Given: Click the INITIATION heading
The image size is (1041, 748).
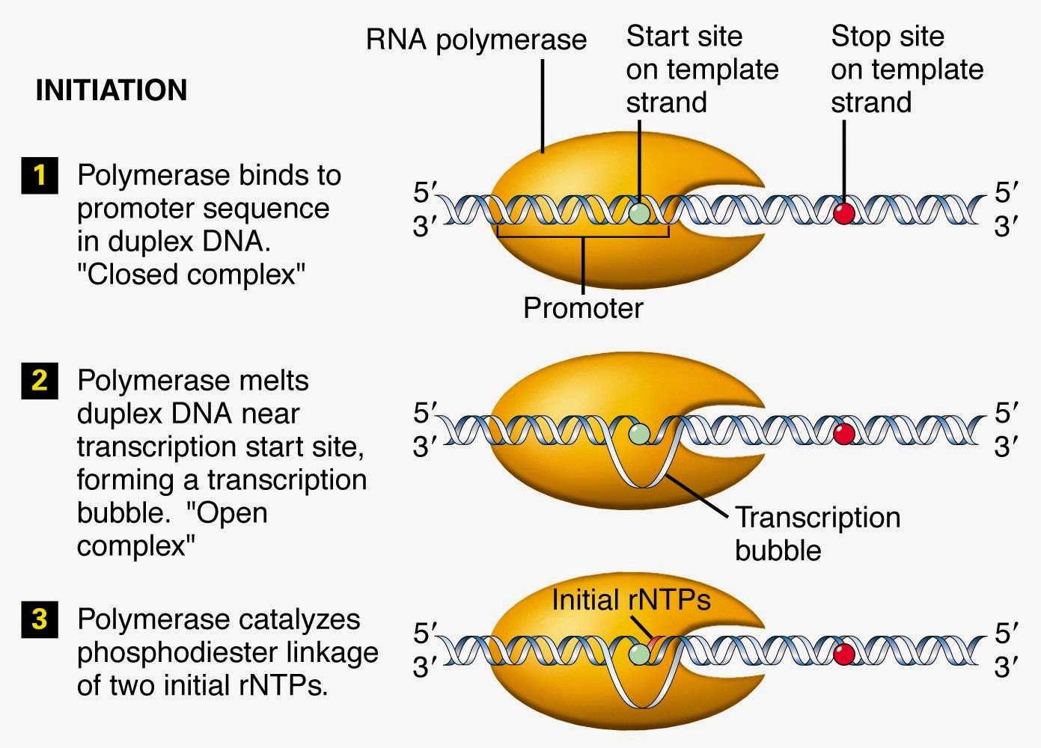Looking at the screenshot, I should pyautogui.click(x=111, y=91).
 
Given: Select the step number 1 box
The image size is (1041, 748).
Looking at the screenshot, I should pyautogui.click(x=39, y=176).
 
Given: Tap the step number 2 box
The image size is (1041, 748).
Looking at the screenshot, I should pyautogui.click(x=39, y=381).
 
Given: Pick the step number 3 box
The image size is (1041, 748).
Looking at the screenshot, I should pyautogui.click(x=39, y=619).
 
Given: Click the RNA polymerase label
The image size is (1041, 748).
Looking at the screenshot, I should pyautogui.click(x=476, y=40).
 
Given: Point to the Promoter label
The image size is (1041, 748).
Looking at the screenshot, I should pyautogui.click(x=582, y=308).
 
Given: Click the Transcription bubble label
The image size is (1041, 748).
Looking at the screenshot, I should pyautogui.click(x=816, y=533).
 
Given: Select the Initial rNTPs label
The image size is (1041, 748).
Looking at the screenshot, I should pyautogui.click(x=631, y=600).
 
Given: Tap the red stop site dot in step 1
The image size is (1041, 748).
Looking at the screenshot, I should pyautogui.click(x=844, y=213).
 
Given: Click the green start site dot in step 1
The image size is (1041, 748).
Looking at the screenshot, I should pyautogui.click(x=638, y=212).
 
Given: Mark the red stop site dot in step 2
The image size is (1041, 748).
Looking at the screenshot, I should pyautogui.click(x=844, y=434).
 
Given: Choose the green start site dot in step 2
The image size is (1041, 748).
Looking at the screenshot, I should pyautogui.click(x=638, y=434).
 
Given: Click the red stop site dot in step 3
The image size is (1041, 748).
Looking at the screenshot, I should pyautogui.click(x=844, y=654).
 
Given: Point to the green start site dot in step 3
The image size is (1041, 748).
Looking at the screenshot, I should pyautogui.click(x=638, y=654).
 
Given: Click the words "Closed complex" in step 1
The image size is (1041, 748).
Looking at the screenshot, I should pyautogui.click(x=191, y=275).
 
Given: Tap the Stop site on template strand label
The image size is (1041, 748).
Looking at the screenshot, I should pyautogui.click(x=906, y=69).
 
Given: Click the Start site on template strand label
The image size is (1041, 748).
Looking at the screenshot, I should pyautogui.click(x=702, y=69).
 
